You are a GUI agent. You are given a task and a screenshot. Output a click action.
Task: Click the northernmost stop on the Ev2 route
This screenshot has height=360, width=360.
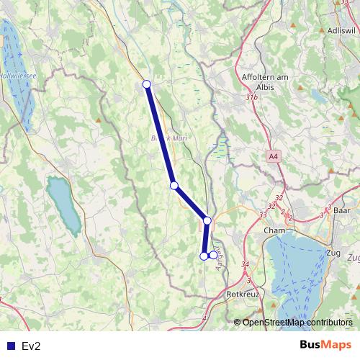tap(147, 84)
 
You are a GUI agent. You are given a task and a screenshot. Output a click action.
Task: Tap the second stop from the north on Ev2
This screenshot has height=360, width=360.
tap(174, 185)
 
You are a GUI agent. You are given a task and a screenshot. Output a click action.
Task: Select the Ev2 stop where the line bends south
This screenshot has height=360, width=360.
tap(207, 220)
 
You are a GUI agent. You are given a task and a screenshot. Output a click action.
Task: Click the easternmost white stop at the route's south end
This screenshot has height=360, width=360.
tap(213, 255)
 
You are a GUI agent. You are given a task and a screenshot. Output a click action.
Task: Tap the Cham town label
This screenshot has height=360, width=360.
tap(275, 230)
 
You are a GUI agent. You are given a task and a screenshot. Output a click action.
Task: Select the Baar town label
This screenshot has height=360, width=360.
tap(342, 211)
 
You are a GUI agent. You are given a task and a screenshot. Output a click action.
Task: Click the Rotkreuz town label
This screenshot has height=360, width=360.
tap(242, 294)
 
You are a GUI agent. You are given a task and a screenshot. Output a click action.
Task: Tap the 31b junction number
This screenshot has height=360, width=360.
tap(251, 96)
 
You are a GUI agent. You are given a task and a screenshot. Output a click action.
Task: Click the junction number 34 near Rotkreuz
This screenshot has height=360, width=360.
tap(246, 265)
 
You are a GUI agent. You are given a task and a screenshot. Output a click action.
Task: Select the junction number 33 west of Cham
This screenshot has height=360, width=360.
tap(263, 214)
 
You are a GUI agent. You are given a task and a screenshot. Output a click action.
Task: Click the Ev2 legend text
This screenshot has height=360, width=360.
tap(31, 346)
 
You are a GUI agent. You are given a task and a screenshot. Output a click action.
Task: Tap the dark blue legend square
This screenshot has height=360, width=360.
tap(10, 346)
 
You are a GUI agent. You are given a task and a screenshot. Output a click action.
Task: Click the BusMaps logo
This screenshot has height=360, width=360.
tap(325, 345)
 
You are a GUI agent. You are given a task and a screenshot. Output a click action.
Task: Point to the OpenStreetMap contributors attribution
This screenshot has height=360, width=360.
tap(297, 322)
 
